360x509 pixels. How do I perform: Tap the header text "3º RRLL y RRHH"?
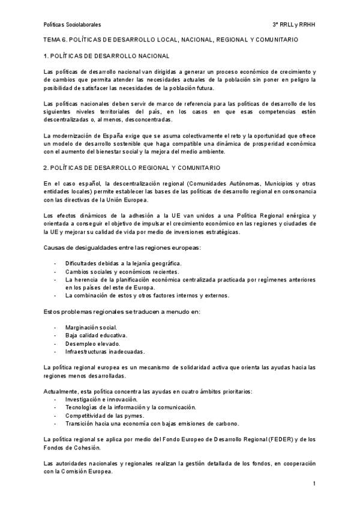(x=294, y=25)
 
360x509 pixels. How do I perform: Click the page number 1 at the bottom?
(x=314, y=484)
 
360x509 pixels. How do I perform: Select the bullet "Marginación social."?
(x=91, y=327)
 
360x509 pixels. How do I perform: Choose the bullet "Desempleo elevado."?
(x=91, y=343)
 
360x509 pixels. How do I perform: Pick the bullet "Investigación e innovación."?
(x=101, y=399)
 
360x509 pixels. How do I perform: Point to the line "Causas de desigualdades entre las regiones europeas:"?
(x=122, y=248)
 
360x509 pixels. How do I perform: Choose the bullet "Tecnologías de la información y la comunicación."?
(x=130, y=407)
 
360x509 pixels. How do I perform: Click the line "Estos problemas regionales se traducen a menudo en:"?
(x=122, y=312)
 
